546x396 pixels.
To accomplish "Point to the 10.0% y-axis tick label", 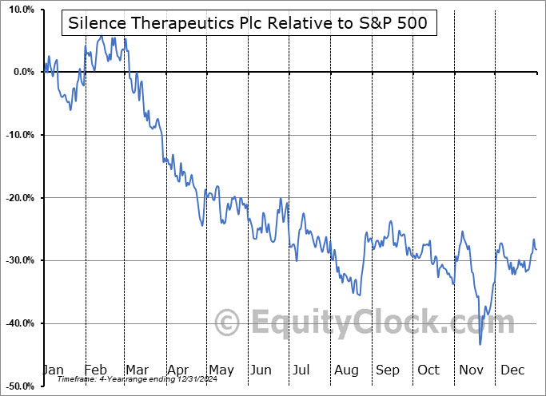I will [x=20, y=10].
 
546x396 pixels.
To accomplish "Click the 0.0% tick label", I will [x=22, y=72].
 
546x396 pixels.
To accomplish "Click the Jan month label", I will [x=54, y=370].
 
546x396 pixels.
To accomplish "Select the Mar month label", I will [x=137, y=370].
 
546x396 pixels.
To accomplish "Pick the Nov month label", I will [x=470, y=370].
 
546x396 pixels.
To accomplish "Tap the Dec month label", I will [x=512, y=370].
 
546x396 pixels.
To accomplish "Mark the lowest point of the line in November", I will [x=480, y=345].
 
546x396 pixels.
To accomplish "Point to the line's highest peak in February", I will [x=102, y=36].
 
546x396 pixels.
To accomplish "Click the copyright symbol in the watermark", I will [x=228, y=323].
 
